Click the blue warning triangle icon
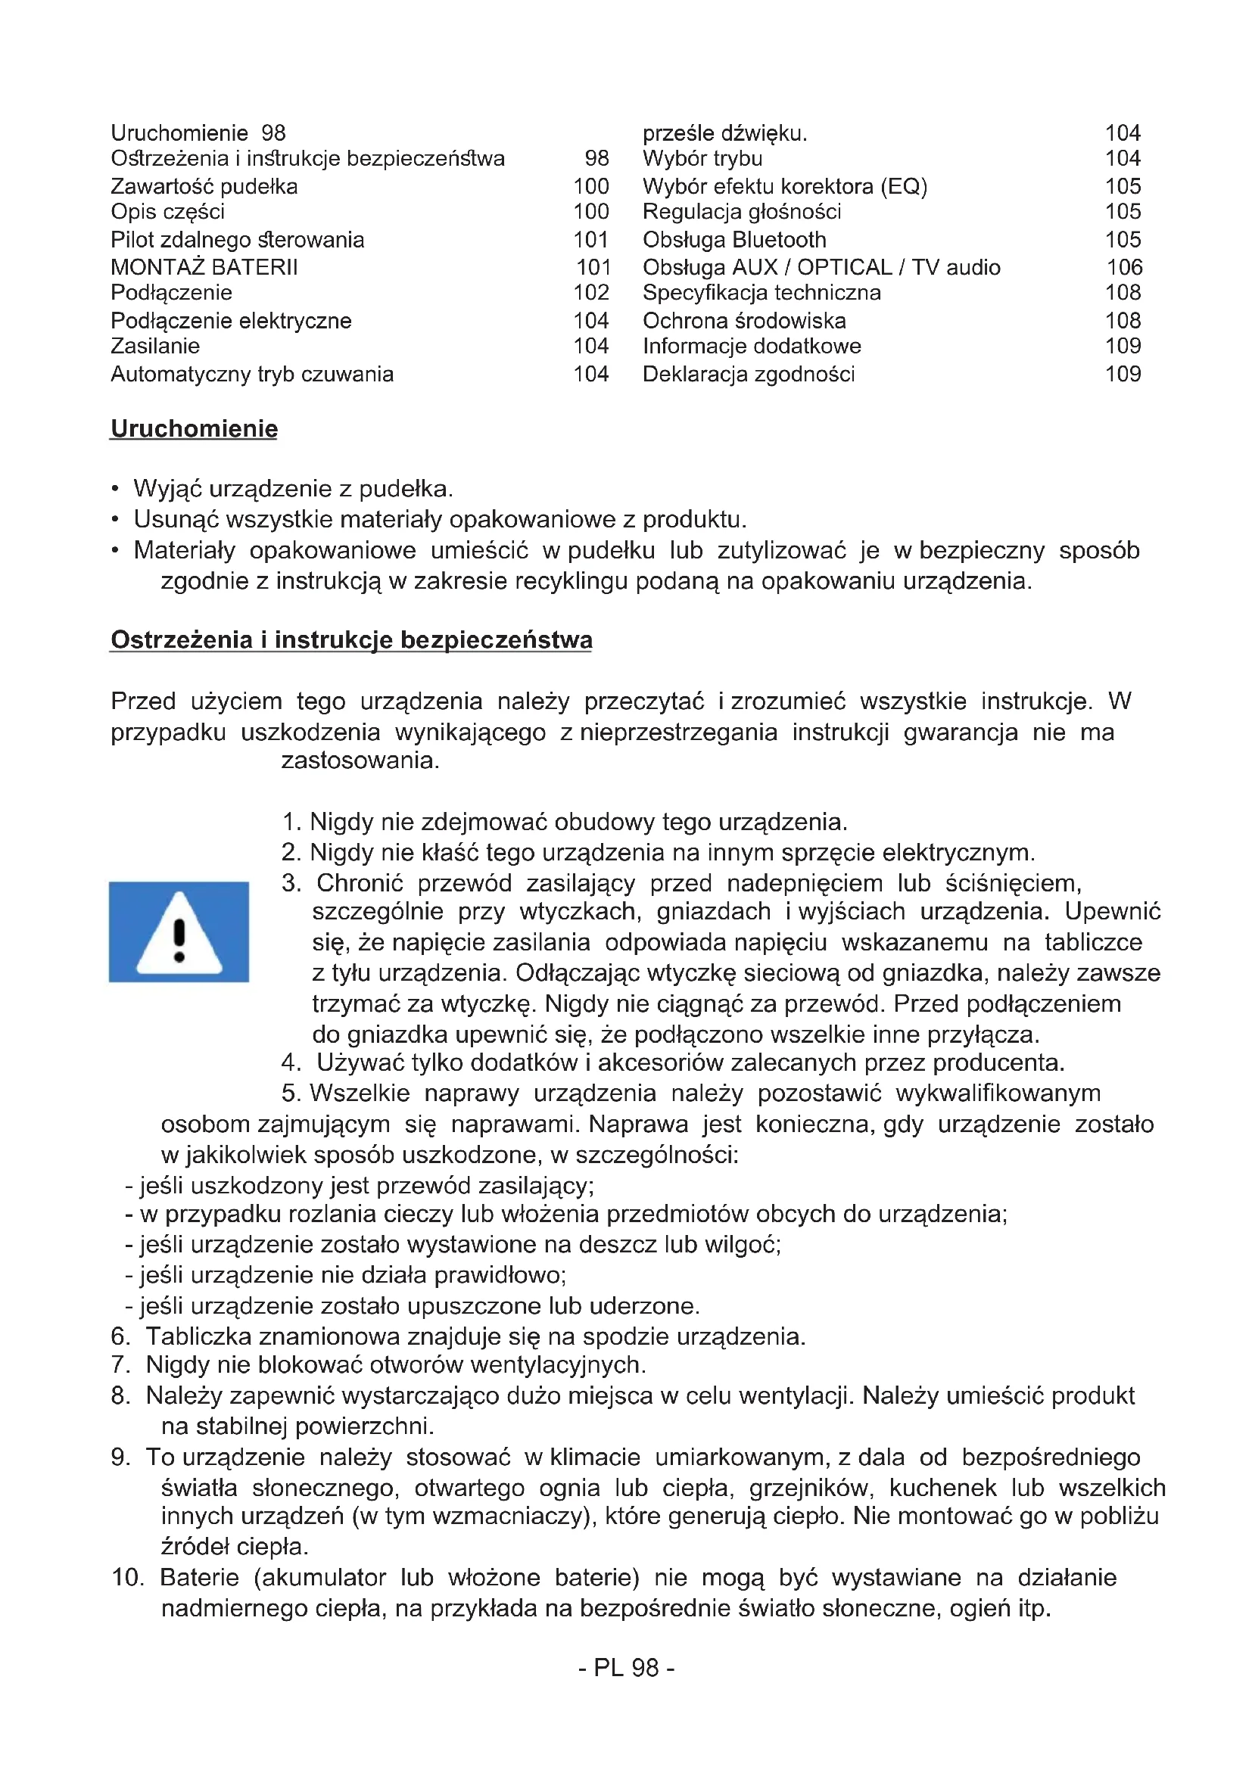(x=179, y=932)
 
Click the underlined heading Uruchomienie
(x=195, y=428)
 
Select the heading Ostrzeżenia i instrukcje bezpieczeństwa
(x=351, y=640)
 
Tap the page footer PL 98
(x=626, y=1668)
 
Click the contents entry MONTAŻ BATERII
(x=204, y=267)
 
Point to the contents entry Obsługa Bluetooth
(x=734, y=240)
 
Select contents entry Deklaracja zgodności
(x=749, y=374)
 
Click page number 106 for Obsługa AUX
(x=1124, y=267)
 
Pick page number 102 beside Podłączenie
(x=591, y=293)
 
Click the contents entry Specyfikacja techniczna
(x=761, y=293)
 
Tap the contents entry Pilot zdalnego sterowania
(x=238, y=240)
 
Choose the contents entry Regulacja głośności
(x=742, y=212)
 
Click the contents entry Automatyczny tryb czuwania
(x=252, y=374)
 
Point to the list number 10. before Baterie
(x=128, y=1577)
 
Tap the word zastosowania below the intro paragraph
(x=360, y=761)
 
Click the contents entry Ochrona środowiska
(x=744, y=321)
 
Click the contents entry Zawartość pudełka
(x=204, y=187)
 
